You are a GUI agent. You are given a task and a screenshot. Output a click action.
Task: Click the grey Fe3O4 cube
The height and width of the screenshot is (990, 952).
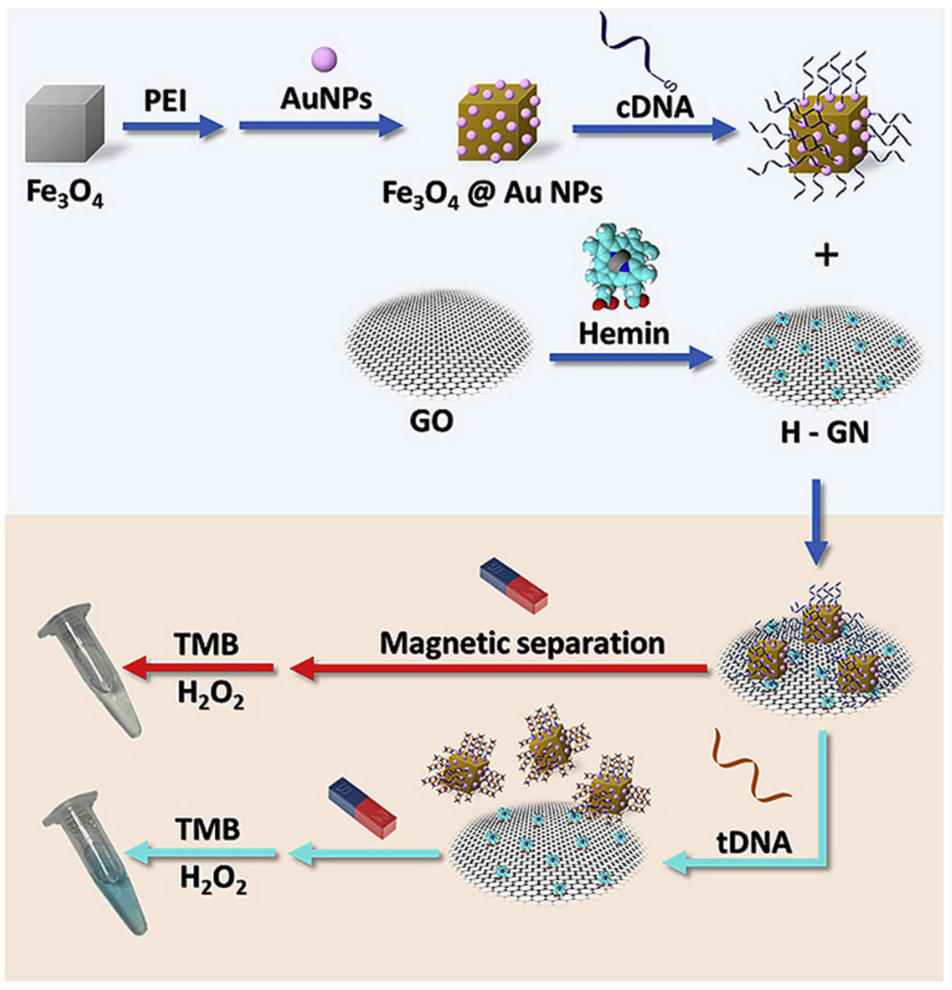pos(65,125)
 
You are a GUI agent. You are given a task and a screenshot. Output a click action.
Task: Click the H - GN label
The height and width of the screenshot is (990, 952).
pos(825,433)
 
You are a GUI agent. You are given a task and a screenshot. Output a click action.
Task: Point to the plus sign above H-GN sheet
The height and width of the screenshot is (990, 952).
pos(827,256)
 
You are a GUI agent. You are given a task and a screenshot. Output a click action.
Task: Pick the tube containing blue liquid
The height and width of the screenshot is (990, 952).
pos(96,859)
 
